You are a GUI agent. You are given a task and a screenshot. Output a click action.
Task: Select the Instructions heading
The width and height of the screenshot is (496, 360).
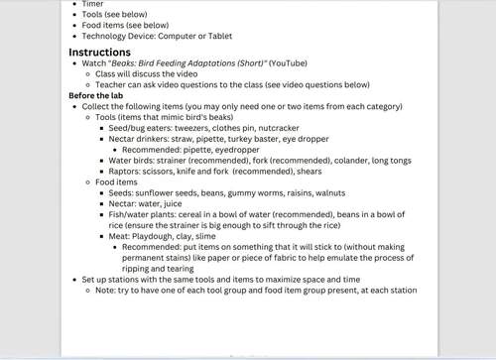[99, 52]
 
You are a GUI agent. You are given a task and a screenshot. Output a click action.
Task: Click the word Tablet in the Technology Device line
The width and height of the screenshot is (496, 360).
[218, 36]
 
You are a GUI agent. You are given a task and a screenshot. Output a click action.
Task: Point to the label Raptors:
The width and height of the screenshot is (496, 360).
[126, 172]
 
